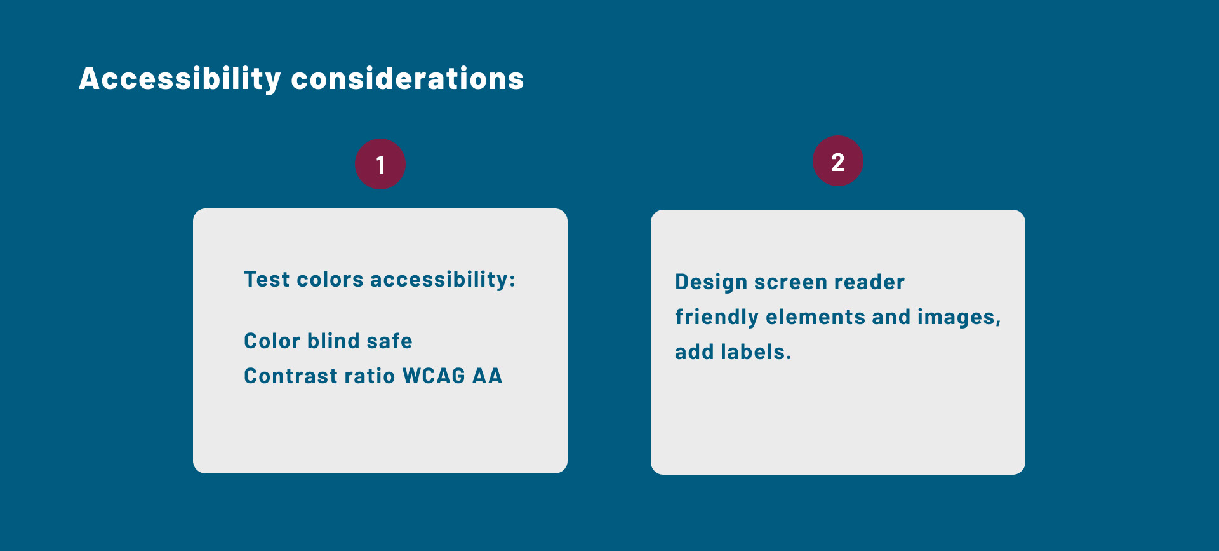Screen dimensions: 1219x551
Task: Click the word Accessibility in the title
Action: [x=180, y=79]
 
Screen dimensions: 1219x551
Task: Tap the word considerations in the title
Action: [x=408, y=79]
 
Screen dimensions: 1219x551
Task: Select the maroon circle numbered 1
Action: [x=380, y=164]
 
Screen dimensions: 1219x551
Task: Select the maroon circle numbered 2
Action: [x=838, y=161]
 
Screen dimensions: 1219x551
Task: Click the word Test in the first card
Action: [x=267, y=280]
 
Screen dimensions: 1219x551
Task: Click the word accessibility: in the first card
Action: [x=443, y=280]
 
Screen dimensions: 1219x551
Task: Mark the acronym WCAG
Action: [x=434, y=376]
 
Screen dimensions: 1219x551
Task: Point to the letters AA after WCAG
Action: [x=488, y=376]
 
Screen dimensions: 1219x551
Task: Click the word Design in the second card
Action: [x=711, y=283]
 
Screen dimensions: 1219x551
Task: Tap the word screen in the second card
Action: [x=790, y=283]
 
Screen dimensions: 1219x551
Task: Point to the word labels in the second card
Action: [x=756, y=352]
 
